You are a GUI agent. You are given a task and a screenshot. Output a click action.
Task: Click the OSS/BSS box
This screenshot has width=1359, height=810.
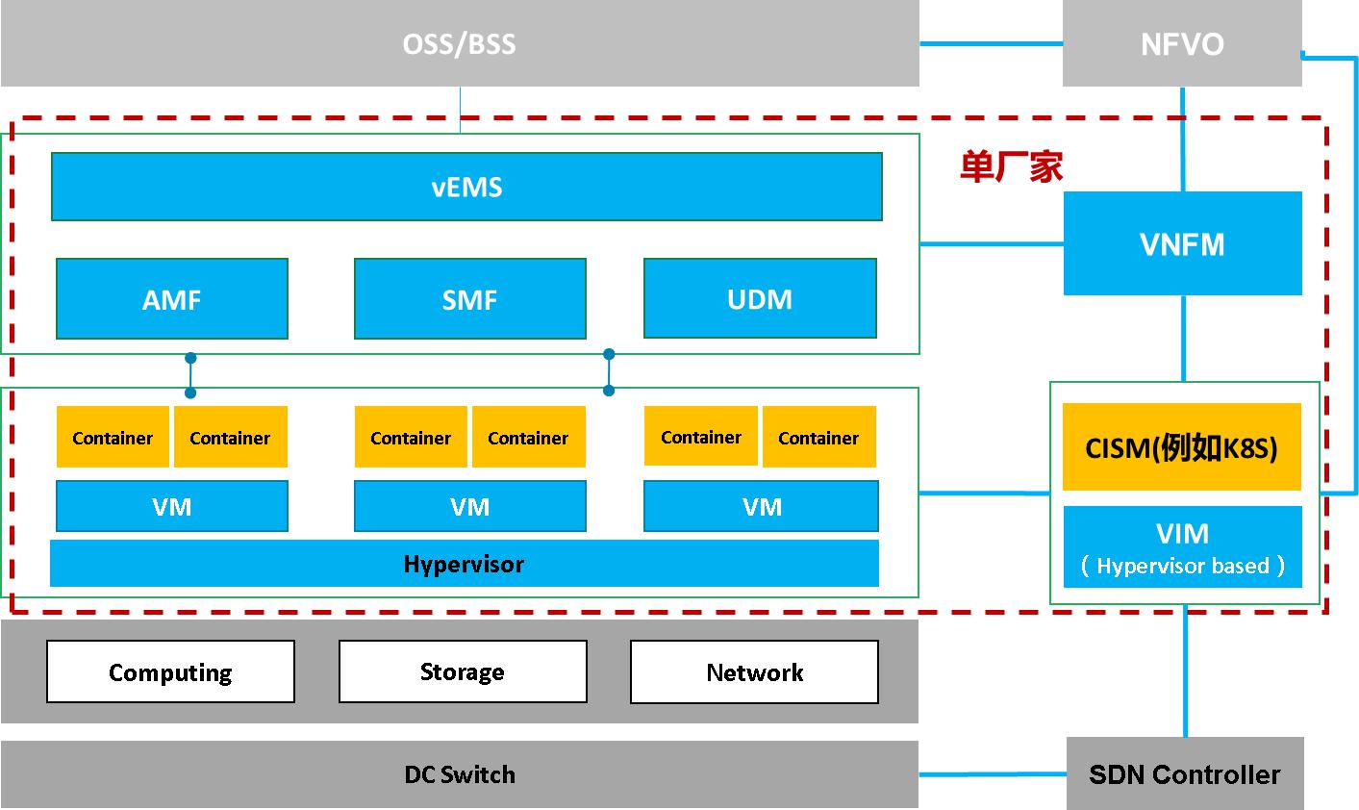[460, 44]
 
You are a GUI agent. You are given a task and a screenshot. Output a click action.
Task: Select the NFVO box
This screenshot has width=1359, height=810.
[1182, 44]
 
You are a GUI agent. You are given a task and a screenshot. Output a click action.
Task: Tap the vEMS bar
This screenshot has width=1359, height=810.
[466, 187]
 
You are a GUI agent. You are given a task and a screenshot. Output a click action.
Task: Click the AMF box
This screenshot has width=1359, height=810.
[172, 299]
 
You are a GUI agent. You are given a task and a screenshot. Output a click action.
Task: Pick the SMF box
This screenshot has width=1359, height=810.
[470, 299]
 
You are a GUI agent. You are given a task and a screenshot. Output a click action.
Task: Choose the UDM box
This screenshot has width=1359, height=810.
[760, 298]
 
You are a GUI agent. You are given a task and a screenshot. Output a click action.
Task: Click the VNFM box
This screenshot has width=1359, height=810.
[1182, 243]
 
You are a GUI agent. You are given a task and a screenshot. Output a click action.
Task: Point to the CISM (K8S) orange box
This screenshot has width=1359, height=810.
[1181, 447]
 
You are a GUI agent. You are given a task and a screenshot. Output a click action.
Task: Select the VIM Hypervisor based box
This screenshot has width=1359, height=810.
[1182, 547]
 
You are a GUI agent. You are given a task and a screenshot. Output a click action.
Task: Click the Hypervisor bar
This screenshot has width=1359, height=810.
[465, 564]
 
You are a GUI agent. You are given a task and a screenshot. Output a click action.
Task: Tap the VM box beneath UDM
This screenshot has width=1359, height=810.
[761, 506]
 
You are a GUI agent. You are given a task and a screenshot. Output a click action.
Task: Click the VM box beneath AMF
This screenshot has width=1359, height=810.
[172, 506]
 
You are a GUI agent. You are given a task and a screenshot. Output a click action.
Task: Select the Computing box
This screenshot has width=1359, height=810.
[170, 671]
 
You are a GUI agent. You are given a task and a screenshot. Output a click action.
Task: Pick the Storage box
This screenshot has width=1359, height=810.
[463, 671]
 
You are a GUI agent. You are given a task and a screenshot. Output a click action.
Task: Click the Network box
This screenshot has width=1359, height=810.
[754, 671]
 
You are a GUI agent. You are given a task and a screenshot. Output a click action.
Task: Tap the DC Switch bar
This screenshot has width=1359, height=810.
[460, 774]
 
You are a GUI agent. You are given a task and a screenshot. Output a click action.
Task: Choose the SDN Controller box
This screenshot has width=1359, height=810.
[1184, 774]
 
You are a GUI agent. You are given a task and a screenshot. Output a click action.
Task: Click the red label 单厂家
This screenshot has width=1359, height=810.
[1011, 167]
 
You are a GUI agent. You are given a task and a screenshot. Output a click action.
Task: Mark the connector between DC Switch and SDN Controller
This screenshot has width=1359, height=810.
[992, 773]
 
